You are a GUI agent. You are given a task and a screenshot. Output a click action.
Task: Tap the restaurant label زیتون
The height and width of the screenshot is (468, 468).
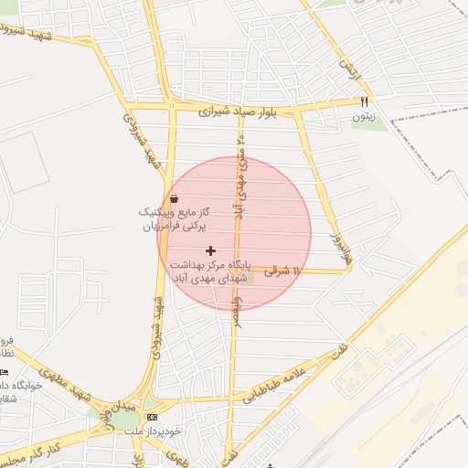point(363,116)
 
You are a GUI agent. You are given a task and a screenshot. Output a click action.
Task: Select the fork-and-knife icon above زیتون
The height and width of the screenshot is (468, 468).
point(365,101)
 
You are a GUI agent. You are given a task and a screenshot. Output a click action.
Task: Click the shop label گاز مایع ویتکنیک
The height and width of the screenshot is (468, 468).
point(174,211)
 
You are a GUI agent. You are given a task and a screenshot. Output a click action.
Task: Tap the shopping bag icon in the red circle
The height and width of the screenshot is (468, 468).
point(174,198)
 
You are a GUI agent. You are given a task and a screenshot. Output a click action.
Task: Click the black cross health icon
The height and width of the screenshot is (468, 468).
point(211,250)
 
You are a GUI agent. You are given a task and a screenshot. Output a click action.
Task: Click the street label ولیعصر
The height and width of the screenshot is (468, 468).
point(237,311)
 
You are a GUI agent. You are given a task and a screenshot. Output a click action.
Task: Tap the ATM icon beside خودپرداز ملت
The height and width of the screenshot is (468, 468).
point(151,417)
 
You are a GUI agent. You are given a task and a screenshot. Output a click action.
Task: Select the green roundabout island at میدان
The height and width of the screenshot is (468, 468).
point(120,420)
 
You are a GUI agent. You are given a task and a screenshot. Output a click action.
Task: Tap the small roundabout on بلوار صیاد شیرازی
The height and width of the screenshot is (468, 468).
point(171,105)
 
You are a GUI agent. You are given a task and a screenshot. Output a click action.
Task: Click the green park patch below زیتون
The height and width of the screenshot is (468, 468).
point(370,124)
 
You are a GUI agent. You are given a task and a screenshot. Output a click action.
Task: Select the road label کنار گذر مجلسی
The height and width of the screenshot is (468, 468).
point(32,452)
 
